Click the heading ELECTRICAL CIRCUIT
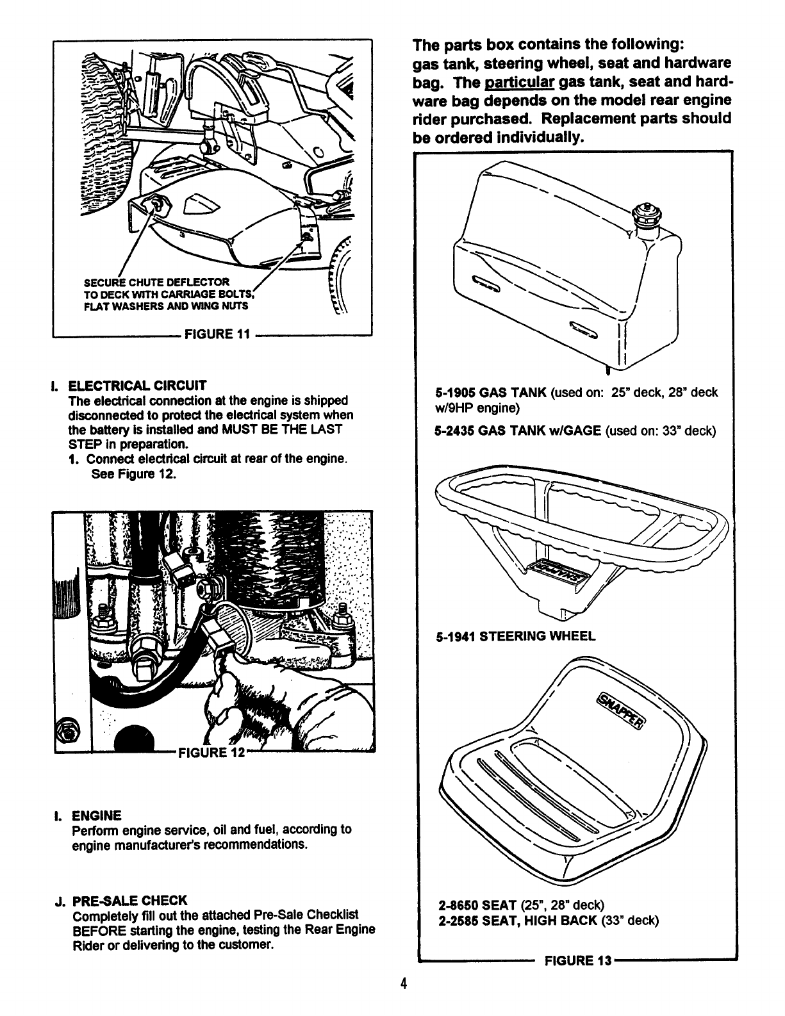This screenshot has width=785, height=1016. point(138,386)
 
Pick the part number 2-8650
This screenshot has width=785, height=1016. point(458,905)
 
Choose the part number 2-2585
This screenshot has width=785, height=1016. point(458,921)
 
